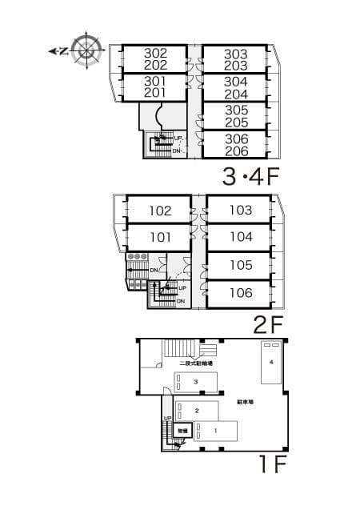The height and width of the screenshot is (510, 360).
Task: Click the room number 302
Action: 155,54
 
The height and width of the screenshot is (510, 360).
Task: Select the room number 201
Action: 155,93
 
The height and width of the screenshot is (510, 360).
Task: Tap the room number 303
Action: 236,54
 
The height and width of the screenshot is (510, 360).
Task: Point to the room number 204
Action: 236,94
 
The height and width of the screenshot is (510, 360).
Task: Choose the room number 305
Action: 236,110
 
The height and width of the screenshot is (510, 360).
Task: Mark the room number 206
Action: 236,151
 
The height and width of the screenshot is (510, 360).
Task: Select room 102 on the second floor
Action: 160,211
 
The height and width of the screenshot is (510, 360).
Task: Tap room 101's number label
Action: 160,237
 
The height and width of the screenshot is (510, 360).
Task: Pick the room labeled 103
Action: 240,211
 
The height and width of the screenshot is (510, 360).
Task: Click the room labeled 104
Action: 240,237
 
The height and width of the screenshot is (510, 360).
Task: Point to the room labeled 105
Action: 240,265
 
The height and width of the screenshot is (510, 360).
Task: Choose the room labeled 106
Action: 240,293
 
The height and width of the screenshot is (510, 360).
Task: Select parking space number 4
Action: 272,363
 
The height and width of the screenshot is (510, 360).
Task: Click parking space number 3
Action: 196,383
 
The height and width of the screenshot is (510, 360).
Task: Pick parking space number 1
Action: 214,431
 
